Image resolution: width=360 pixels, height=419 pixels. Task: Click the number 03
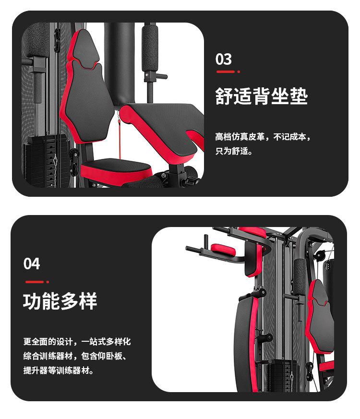click(224, 59)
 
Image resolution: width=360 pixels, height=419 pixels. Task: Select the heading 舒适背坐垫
click(261, 96)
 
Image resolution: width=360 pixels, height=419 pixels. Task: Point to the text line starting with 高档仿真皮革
click(264, 137)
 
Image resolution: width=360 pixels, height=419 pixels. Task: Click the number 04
click(32, 263)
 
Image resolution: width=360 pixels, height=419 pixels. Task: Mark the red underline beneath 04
click(36, 282)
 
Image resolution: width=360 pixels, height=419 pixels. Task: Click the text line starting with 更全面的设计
click(77, 342)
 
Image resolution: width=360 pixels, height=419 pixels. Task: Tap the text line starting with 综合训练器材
click(77, 356)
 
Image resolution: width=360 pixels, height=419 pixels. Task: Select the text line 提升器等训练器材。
click(59, 371)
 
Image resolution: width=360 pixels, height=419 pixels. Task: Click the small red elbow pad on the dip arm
click(221, 249)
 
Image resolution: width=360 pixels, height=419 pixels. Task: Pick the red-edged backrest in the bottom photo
click(319, 317)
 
